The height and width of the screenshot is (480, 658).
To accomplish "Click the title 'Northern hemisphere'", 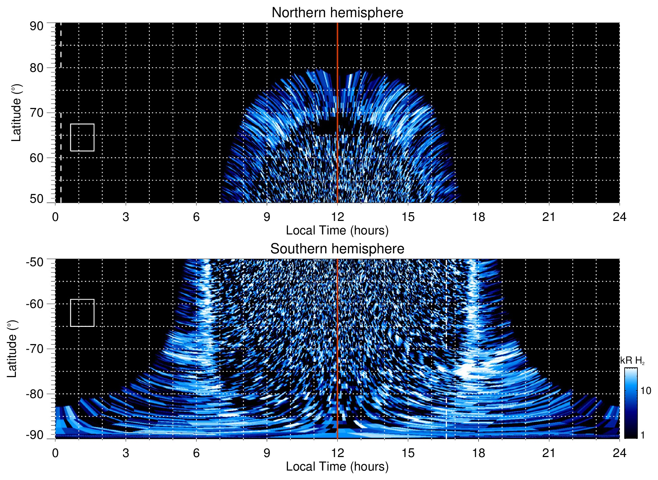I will click(337, 13).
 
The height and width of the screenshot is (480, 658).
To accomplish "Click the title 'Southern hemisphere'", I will click(337, 249).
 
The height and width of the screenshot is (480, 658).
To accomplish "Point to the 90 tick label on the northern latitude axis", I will click(36, 26).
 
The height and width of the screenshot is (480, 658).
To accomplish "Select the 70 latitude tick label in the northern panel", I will click(36, 113).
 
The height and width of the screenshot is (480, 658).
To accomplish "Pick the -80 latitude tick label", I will click(35, 394).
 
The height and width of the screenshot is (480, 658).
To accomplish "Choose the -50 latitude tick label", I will click(35, 262).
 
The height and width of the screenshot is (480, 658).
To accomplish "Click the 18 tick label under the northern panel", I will click(478, 217).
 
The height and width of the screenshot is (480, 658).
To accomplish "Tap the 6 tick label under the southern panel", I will click(196, 453).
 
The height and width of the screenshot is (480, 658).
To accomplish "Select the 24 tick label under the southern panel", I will click(619, 453).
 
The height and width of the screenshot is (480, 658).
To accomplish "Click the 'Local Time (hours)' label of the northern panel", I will click(337, 230).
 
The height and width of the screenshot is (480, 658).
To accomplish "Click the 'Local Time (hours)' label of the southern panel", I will click(337, 467).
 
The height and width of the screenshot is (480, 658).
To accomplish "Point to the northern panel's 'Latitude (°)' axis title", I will click(16, 113).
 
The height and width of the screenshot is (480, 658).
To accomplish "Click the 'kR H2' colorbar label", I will click(632, 361).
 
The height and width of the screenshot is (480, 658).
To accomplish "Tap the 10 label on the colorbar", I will click(646, 391).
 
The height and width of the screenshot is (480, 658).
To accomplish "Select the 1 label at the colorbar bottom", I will click(642, 435).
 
